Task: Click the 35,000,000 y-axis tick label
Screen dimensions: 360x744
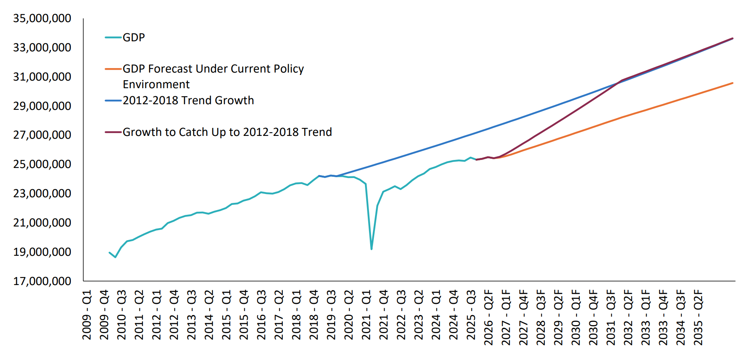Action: [42, 18]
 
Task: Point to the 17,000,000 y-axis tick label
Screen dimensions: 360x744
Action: [42, 281]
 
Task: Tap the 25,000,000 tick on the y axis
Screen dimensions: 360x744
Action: [42, 164]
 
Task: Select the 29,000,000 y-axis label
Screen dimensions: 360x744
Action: [42, 106]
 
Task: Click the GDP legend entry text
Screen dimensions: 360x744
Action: [133, 37]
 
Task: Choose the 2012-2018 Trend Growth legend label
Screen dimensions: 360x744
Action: [188, 100]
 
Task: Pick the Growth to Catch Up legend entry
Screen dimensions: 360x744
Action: [227, 132]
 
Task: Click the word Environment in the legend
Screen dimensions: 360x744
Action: [156, 85]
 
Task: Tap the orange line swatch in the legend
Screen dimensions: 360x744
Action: [113, 69]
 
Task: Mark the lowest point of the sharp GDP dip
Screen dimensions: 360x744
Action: [371, 249]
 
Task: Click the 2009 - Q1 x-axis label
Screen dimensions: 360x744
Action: [87, 315]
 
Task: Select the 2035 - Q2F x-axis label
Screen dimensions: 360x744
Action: [698, 317]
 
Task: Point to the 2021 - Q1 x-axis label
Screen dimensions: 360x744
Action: [366, 315]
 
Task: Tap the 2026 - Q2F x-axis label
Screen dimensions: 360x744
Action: [488, 317]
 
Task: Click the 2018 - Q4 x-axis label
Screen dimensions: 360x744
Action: [314, 315]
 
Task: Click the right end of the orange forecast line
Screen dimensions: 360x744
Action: [732, 83]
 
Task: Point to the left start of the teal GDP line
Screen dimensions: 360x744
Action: [109, 253]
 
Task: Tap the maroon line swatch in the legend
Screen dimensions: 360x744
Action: [113, 132]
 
